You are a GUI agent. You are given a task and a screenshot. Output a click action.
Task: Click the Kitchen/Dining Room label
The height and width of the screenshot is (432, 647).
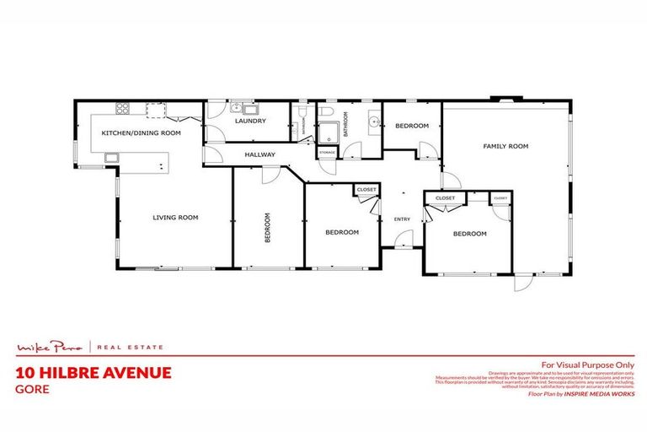141,133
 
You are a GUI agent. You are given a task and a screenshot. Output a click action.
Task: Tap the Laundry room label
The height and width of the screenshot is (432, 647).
250,121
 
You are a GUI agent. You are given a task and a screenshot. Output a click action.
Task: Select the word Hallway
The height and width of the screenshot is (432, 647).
259,155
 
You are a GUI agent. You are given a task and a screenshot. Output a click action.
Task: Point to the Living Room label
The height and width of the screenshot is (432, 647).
175,218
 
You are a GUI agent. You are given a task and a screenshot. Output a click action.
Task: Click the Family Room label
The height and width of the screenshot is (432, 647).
505,146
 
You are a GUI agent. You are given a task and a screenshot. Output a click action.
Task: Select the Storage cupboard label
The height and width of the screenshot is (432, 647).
327,152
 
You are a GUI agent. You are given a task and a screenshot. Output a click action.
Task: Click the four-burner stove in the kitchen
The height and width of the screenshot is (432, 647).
122,108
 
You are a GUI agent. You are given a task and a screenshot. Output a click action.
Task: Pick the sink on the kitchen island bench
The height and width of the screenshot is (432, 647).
111,157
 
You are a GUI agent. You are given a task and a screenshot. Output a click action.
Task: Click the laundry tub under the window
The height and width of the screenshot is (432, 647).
238,107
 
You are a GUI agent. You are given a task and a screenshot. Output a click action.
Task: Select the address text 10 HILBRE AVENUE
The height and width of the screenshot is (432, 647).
94,372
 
